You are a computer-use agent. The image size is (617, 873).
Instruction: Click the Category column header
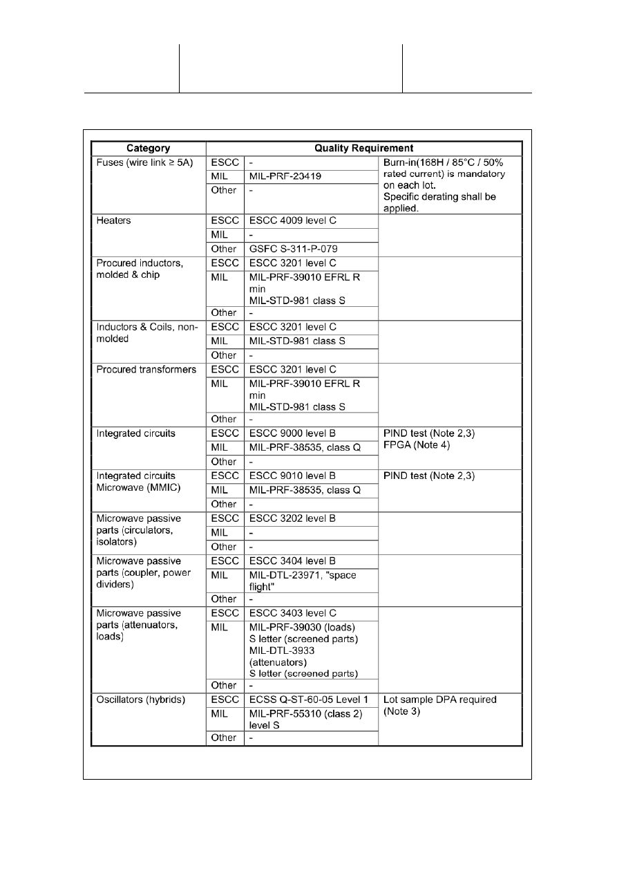[149, 148]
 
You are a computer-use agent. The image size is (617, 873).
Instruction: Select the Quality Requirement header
[364, 148]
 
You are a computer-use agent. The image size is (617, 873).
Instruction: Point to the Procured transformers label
[142, 369]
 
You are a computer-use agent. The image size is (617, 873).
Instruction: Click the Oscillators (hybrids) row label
[141, 700]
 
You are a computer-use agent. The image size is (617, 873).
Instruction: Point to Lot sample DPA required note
[439, 705]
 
